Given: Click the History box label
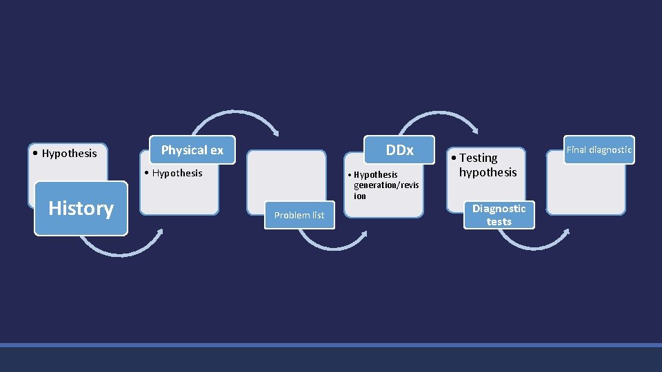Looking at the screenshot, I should pyautogui.click(x=81, y=208).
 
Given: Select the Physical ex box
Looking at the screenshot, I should pyautogui.click(x=192, y=149).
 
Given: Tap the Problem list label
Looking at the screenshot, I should pyautogui.click(x=299, y=215).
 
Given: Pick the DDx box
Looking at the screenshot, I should pyautogui.click(x=399, y=149).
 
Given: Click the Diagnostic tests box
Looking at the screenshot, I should pyautogui.click(x=499, y=215).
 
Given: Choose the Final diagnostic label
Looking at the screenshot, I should pyautogui.click(x=599, y=149).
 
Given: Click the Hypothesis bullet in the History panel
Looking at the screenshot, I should pyautogui.click(x=65, y=153).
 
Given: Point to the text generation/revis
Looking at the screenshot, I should pyautogui.click(x=386, y=185).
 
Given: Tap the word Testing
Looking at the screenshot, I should pyautogui.click(x=479, y=158).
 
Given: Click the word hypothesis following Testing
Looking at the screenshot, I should pyautogui.click(x=488, y=172).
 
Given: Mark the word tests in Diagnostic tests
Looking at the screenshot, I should pyautogui.click(x=499, y=222).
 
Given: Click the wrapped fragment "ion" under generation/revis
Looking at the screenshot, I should pyautogui.click(x=360, y=196).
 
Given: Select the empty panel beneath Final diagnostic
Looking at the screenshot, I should pyautogui.click(x=586, y=186).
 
